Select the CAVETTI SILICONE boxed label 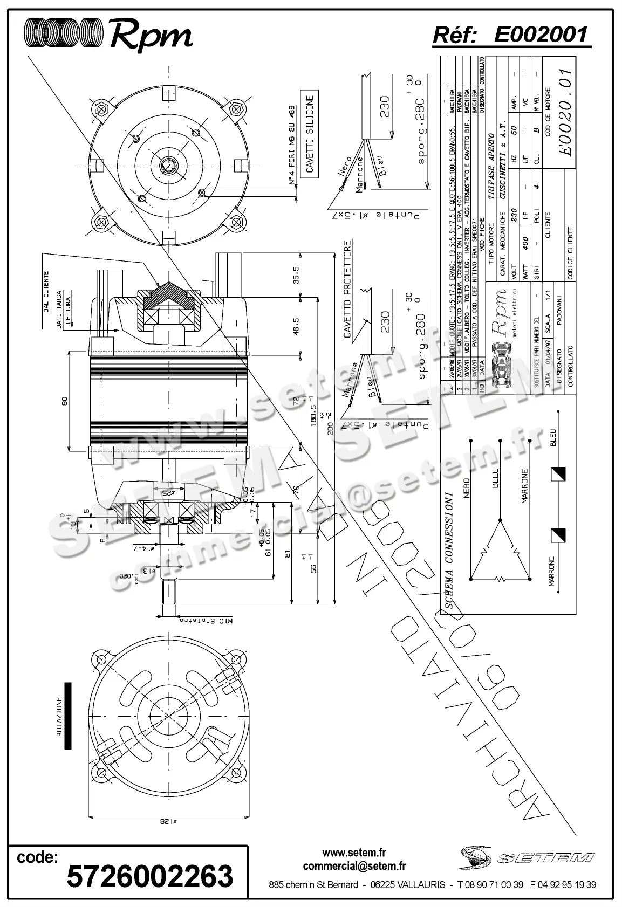[x=309, y=135]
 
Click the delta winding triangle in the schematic [x=500, y=553]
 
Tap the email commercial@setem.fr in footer [x=354, y=866]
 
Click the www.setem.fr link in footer [x=354, y=853]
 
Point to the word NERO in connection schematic [x=467, y=487]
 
